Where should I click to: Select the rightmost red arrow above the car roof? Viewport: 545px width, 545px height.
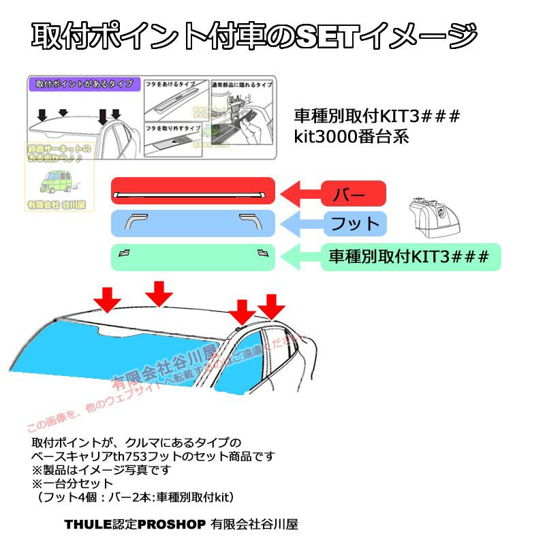click(x=272, y=306)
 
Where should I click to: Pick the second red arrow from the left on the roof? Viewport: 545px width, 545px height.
click(x=159, y=294)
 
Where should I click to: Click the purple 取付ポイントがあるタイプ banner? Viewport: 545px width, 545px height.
click(x=84, y=85)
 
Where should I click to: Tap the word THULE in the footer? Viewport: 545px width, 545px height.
click(x=83, y=524)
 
